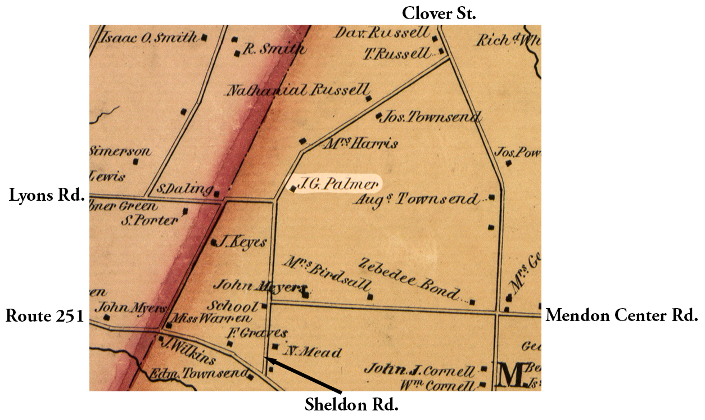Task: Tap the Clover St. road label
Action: pos(439,13)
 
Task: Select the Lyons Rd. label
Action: pos(47,196)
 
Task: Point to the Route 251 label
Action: pos(44,316)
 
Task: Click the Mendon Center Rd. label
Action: pos(621,315)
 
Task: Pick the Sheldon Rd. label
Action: pos(351,404)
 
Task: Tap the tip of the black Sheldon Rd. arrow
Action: pos(266,358)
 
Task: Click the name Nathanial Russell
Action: pos(298,90)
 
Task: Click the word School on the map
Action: pos(232,306)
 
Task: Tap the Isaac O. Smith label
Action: pos(149,38)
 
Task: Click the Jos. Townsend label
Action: pos(431,118)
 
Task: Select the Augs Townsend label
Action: pos(416,200)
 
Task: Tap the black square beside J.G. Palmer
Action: pos(292,189)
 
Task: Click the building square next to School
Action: pos(264,307)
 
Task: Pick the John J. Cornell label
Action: pos(419,371)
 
